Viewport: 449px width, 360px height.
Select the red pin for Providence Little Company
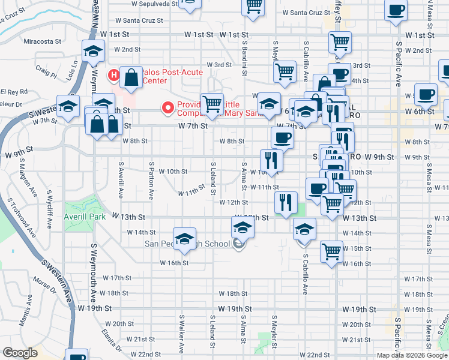click(x=168, y=107)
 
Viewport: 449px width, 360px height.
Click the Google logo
click(x=20, y=353)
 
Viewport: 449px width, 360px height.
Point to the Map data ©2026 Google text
click(x=412, y=355)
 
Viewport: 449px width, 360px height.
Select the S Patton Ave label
click(x=152, y=180)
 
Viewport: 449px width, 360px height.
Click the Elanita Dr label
click(x=112, y=340)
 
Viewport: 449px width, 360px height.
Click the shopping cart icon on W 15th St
click(x=331, y=250)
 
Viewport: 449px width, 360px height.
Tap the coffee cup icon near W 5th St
click(x=426, y=94)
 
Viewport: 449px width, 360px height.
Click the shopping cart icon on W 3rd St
click(x=285, y=71)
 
